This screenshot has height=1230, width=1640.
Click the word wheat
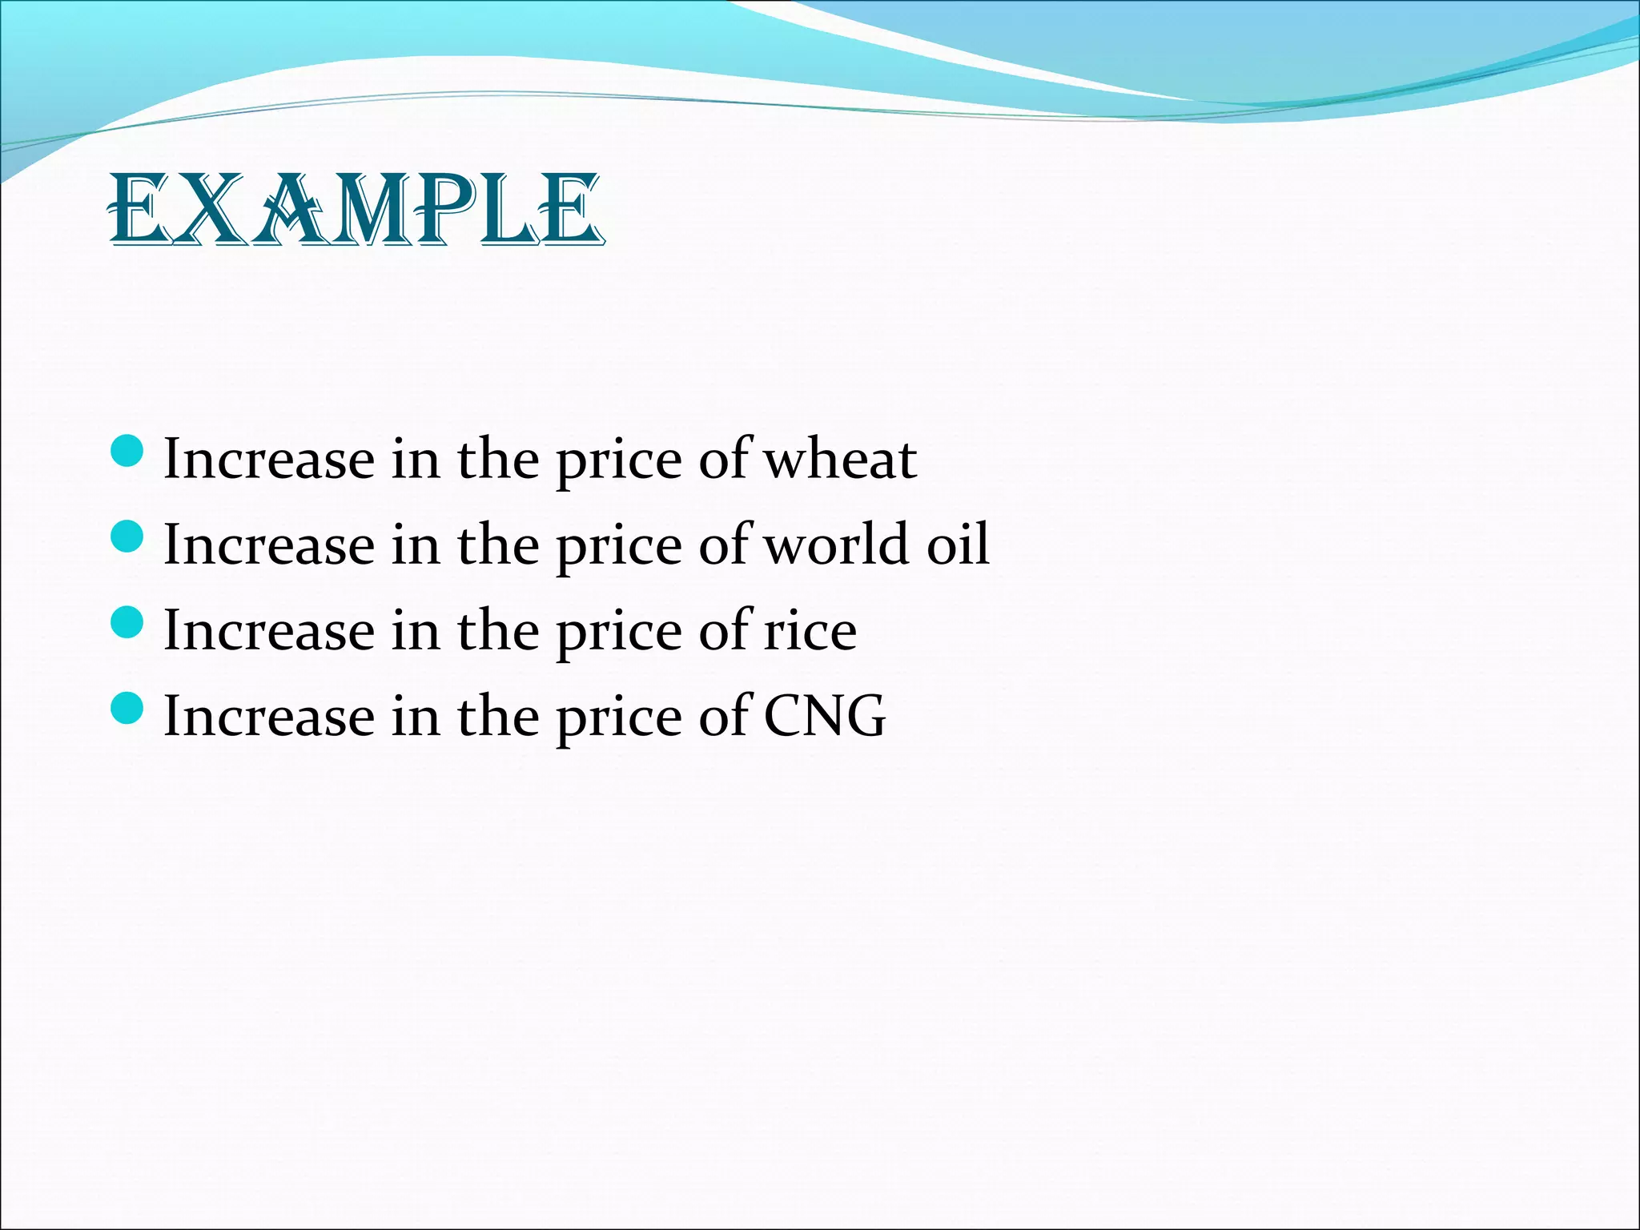(x=840, y=460)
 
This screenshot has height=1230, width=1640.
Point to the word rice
(x=810, y=631)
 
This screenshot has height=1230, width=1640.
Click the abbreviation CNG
(x=825, y=716)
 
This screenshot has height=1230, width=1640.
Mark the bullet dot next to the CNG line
(x=126, y=708)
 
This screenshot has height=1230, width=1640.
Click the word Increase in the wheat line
(x=269, y=460)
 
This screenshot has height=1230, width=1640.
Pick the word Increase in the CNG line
(x=269, y=716)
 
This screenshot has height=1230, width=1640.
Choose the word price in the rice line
(x=620, y=633)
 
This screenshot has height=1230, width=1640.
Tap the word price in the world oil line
(x=620, y=546)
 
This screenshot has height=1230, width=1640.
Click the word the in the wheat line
(x=497, y=460)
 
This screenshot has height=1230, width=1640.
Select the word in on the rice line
(x=416, y=631)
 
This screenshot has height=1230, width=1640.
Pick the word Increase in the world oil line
(x=269, y=545)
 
